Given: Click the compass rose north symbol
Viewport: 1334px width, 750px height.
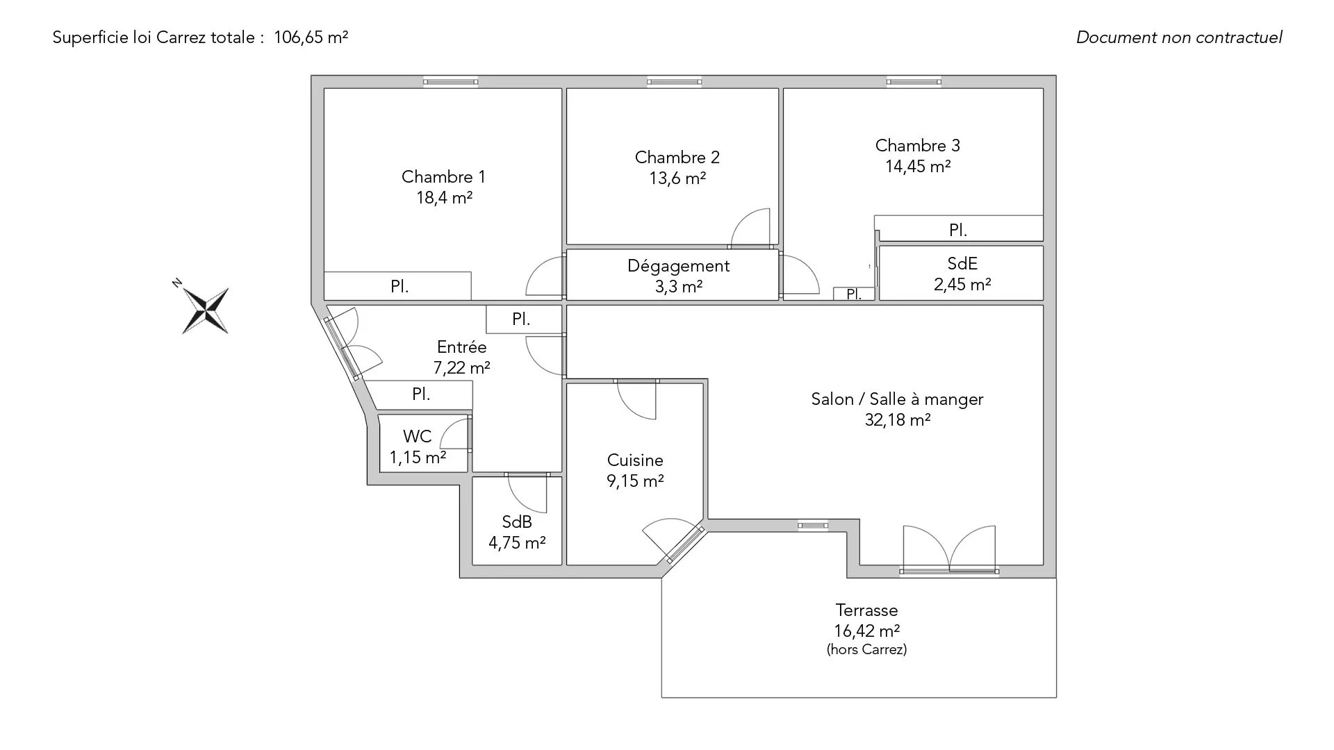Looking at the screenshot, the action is pyautogui.click(x=205, y=310).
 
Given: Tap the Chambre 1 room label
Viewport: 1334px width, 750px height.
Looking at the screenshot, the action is pyautogui.click(x=443, y=177).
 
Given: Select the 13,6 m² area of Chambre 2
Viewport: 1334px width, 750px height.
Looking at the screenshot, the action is pyautogui.click(x=677, y=178).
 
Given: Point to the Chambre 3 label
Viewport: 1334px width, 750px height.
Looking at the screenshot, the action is pyautogui.click(x=917, y=146).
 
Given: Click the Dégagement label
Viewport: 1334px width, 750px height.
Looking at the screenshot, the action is pyautogui.click(x=678, y=266).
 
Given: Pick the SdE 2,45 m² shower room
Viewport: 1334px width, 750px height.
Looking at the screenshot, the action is pyautogui.click(x=962, y=274).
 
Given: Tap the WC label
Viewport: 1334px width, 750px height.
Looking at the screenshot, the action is pyautogui.click(x=417, y=437).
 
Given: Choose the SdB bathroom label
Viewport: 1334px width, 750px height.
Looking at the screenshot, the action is pyautogui.click(x=516, y=522).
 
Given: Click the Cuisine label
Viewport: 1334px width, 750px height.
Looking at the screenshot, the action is pyautogui.click(x=635, y=460).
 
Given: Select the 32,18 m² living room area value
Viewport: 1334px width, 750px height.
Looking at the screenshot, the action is pyautogui.click(x=898, y=420).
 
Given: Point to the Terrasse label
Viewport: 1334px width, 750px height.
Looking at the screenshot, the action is pyautogui.click(x=866, y=610).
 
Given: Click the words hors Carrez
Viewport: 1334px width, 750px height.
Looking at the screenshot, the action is pyautogui.click(x=866, y=650).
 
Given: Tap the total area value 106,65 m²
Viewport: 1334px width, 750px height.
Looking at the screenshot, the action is pyautogui.click(x=311, y=37).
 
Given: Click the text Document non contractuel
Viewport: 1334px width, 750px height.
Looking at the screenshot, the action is pyautogui.click(x=1179, y=37).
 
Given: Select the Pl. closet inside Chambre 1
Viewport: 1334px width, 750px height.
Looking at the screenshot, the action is pyautogui.click(x=398, y=286).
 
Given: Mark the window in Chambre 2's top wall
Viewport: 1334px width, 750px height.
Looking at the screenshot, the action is pyautogui.click(x=674, y=82).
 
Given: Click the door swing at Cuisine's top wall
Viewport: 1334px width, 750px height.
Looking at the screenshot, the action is pyautogui.click(x=636, y=401).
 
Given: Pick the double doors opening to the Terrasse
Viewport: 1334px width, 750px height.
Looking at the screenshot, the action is pyautogui.click(x=949, y=549).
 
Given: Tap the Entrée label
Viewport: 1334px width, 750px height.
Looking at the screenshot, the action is pyautogui.click(x=461, y=347).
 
